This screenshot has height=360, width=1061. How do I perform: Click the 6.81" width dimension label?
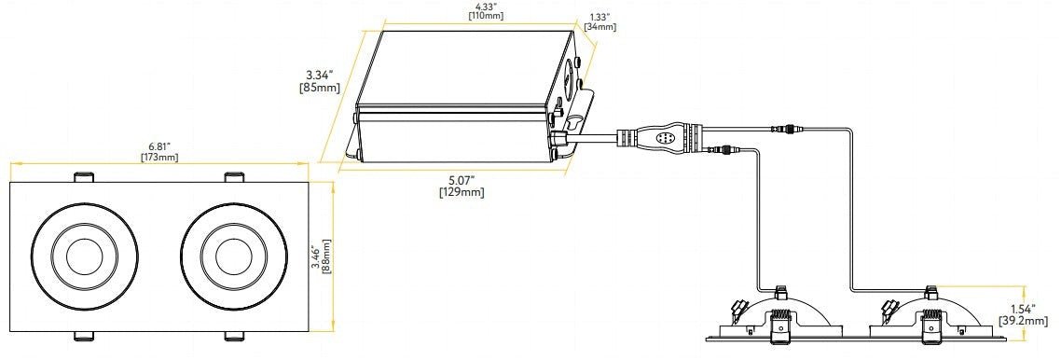click(x=159, y=146)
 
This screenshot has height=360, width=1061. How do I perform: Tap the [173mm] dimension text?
click(x=159, y=157)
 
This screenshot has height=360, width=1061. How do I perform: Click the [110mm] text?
click(x=486, y=16)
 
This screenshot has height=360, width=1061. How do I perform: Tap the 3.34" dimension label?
click(x=320, y=75)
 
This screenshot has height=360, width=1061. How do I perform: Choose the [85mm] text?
click(x=320, y=88)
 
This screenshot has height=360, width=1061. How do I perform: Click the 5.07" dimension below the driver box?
click(x=462, y=180)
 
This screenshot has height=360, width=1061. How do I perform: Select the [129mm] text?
click(x=462, y=192)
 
